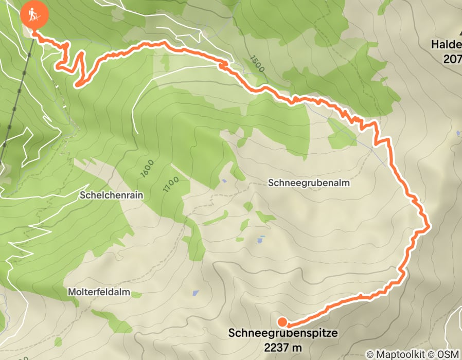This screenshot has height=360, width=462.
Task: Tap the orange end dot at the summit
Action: tap(282, 322)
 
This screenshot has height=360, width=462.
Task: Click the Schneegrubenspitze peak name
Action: tap(283, 333)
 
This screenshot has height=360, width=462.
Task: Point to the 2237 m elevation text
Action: tap(283, 347)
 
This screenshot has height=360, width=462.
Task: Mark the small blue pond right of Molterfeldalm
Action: tap(196, 293)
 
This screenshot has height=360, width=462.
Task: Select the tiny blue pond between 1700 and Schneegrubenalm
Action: tap(224, 181)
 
